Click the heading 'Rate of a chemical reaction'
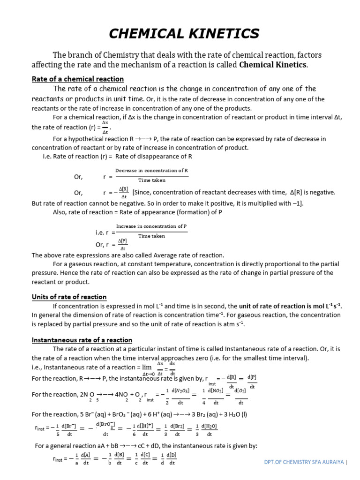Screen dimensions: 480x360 [77, 79]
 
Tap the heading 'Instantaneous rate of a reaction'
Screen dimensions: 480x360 [82, 340]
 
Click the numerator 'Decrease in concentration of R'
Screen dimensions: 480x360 [152, 170]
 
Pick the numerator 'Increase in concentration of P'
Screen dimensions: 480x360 [151, 226]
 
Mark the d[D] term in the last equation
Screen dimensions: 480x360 [172, 455]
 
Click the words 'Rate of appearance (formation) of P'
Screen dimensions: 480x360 [165, 212]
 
